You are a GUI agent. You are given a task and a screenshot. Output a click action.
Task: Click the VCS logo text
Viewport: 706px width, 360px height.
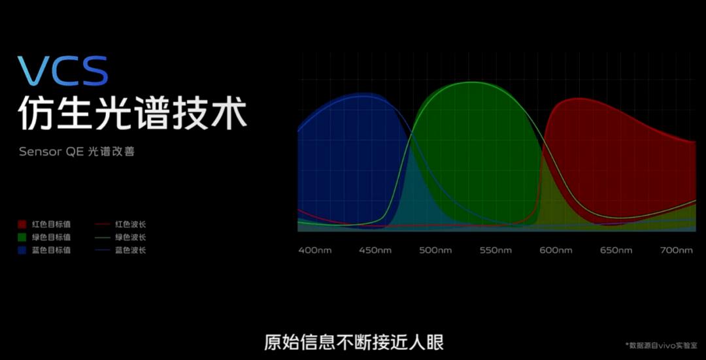[x=63, y=72]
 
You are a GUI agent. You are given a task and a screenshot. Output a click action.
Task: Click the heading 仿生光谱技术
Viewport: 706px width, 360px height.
[x=132, y=113]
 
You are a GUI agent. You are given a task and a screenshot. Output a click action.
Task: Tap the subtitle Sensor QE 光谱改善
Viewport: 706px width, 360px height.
[x=76, y=152]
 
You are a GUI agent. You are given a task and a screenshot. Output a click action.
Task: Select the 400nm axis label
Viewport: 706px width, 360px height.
[x=314, y=250]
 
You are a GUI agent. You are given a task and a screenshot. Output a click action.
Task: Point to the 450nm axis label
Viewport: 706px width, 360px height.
[x=375, y=250]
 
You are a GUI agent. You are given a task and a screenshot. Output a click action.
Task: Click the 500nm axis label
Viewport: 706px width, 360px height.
[x=436, y=250]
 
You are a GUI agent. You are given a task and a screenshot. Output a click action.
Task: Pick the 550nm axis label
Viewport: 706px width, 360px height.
[x=496, y=250]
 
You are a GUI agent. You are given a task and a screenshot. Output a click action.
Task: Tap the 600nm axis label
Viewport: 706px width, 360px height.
[x=556, y=250]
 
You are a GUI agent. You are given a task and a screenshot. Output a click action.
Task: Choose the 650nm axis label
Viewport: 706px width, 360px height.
[x=616, y=250]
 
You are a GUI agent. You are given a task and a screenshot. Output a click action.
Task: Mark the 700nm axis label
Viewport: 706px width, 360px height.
[x=677, y=250]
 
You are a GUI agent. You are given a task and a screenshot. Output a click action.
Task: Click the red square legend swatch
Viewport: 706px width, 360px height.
[x=22, y=224]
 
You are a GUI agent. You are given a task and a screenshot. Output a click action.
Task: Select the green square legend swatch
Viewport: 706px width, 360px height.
[x=22, y=237]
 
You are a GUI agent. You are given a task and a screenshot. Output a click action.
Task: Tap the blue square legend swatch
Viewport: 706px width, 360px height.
[x=22, y=250]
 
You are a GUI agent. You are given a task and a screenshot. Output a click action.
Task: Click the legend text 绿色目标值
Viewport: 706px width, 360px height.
[x=51, y=237]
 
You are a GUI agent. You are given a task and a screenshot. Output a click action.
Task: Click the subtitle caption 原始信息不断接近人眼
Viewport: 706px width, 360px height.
[x=354, y=342]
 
